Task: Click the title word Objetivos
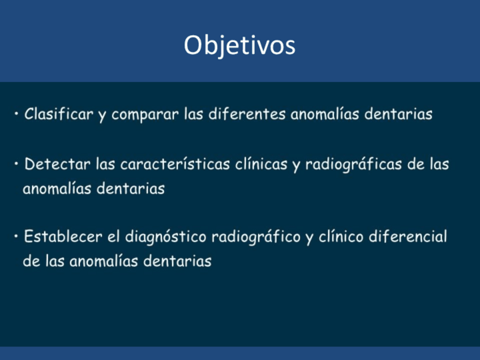[239, 46]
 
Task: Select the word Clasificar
[59, 114]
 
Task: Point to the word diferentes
[247, 114]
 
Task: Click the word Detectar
[57, 164]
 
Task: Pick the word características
[175, 164]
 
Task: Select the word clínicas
[261, 164]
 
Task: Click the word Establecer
[63, 237]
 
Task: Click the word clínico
[341, 237]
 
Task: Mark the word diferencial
[408, 237]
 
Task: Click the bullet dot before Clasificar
[16, 114]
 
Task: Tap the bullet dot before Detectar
[16, 164]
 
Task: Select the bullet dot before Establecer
[16, 237]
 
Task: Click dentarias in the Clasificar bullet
[398, 114]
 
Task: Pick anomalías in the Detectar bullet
[57, 188]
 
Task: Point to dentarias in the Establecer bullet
[177, 261]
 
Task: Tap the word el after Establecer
[113, 237]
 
